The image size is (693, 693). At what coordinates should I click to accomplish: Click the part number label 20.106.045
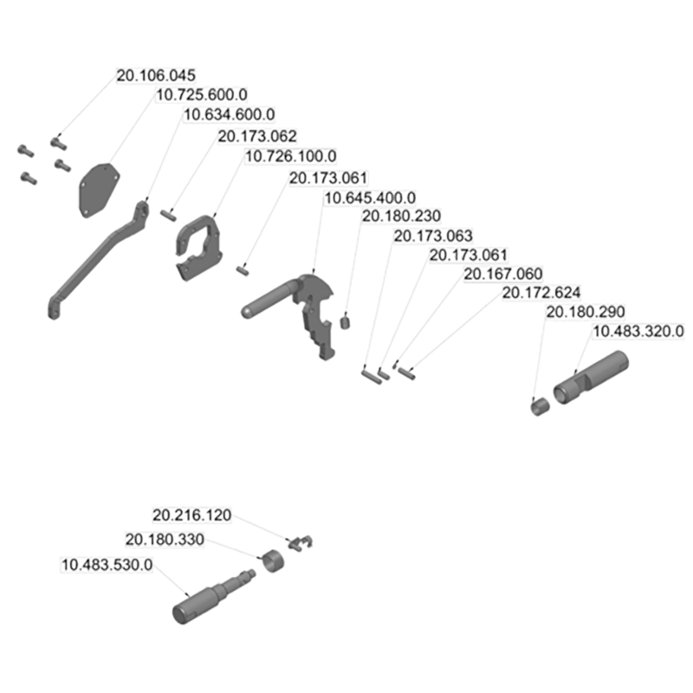(x=156, y=75)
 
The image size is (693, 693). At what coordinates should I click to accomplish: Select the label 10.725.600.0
(x=202, y=95)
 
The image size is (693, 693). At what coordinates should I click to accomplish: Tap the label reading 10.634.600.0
(x=229, y=114)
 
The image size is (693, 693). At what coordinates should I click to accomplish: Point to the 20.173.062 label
(x=257, y=136)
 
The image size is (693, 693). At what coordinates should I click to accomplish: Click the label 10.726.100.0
(x=291, y=156)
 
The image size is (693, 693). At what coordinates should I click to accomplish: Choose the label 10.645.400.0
(x=370, y=198)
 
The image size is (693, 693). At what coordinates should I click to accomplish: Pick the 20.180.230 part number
(x=401, y=216)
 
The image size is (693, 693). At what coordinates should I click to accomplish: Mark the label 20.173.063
(x=433, y=236)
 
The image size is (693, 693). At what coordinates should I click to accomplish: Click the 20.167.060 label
(x=503, y=274)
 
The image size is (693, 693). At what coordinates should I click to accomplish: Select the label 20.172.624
(x=541, y=293)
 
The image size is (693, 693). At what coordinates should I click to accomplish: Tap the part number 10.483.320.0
(x=638, y=331)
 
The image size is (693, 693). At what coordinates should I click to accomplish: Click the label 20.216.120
(x=191, y=515)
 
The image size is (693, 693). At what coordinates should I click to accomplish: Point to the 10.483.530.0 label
(x=107, y=565)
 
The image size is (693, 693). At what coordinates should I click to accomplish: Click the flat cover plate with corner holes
(x=99, y=190)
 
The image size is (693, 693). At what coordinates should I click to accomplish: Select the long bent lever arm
(x=98, y=259)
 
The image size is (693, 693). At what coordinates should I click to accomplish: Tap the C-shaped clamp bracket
(x=199, y=248)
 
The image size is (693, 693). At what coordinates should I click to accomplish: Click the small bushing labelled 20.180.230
(x=345, y=321)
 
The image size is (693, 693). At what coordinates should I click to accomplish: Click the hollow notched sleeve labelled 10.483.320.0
(x=591, y=377)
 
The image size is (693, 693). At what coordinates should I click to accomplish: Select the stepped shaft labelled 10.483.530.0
(x=213, y=597)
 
